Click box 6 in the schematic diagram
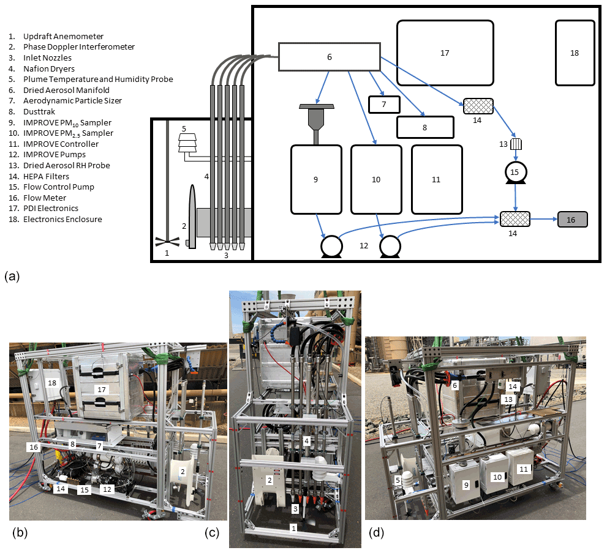[x=329, y=56]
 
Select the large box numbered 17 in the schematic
[x=445, y=53]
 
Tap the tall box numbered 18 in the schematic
[x=575, y=53]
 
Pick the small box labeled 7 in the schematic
[x=384, y=105]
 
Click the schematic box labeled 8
[x=425, y=127]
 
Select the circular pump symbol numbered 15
[x=515, y=173]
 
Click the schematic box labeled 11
[x=435, y=179]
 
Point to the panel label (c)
[x=213, y=533]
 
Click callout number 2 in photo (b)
[x=182, y=471]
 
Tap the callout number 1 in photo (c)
[x=293, y=527]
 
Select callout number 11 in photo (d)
[x=522, y=469]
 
